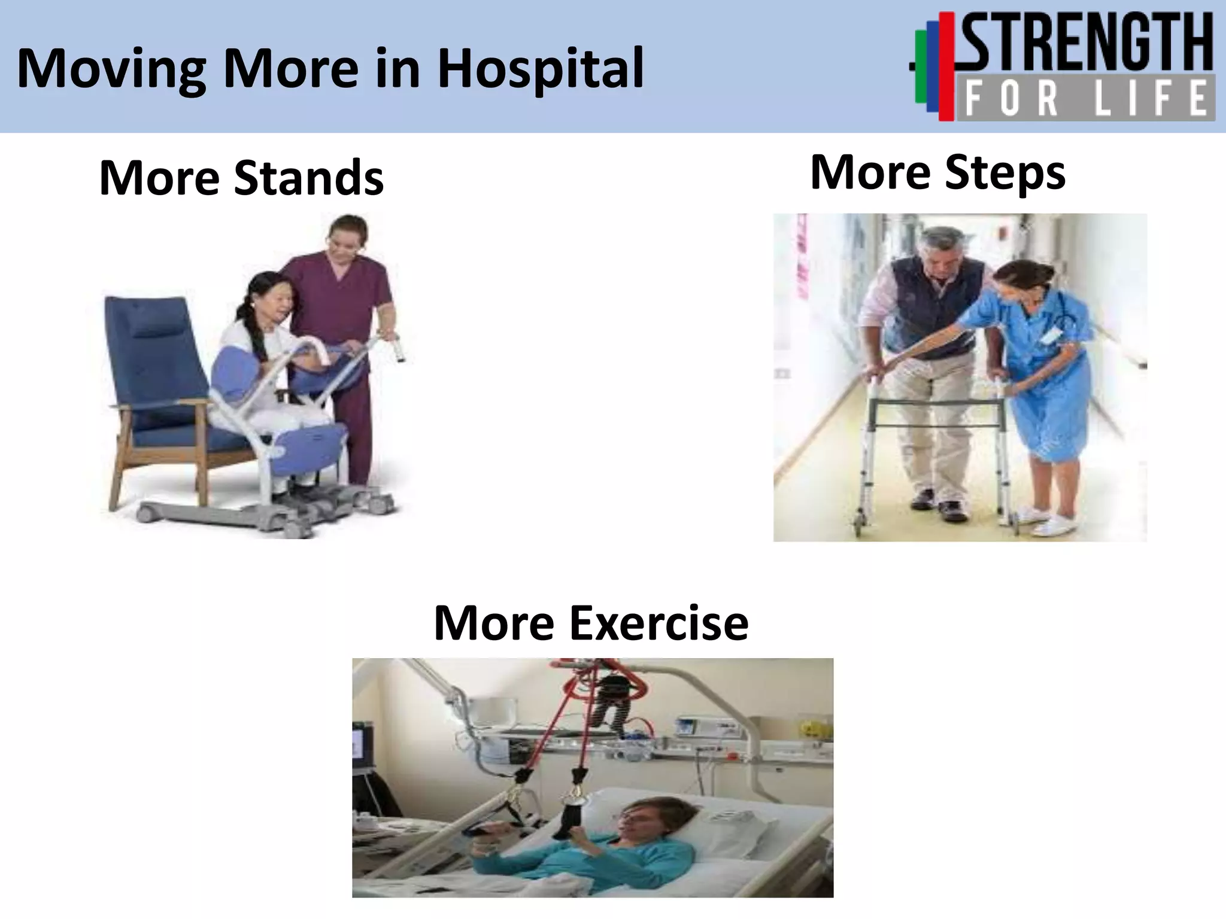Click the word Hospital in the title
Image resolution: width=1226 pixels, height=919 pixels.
pyautogui.click(x=541, y=69)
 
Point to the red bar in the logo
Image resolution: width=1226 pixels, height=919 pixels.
pyautogui.click(x=946, y=66)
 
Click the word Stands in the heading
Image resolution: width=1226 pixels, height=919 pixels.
pyautogui.click(x=308, y=178)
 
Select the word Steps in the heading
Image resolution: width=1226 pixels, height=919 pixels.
pyautogui.click(x=1005, y=173)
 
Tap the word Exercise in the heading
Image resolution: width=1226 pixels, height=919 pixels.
pyautogui.click(x=658, y=623)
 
